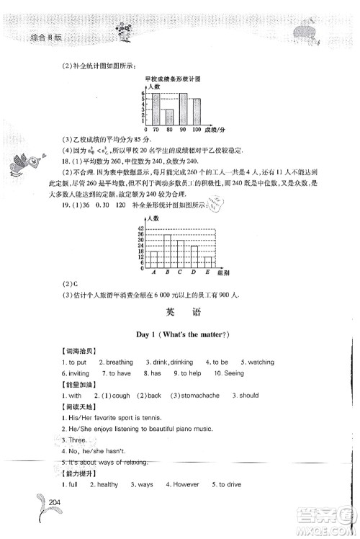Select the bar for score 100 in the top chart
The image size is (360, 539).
tap(197, 112)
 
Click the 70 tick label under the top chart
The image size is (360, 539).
tap(156, 130)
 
